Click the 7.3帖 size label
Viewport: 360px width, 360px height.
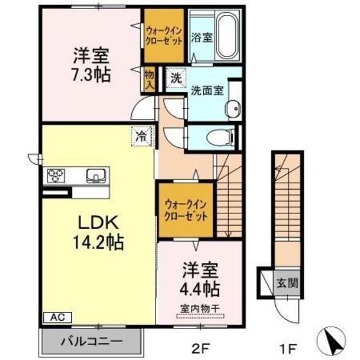tap(90, 73)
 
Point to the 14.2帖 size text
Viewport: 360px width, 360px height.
tap(96, 244)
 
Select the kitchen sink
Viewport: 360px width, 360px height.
tap(97, 175)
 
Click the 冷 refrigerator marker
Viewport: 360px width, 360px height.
tap(141, 136)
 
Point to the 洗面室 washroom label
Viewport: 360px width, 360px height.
tap(206, 91)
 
